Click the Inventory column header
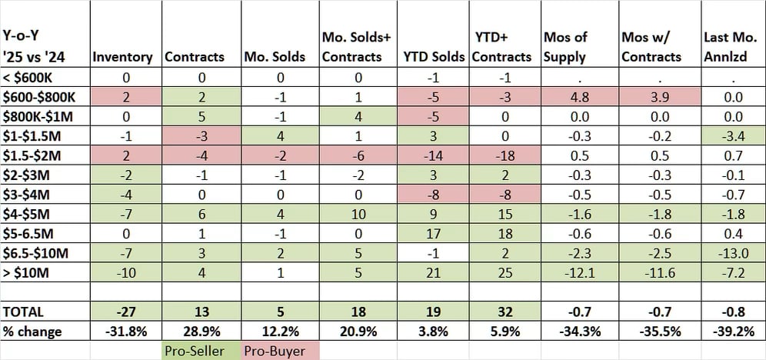click(x=125, y=57)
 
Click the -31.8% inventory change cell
click(x=125, y=332)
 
